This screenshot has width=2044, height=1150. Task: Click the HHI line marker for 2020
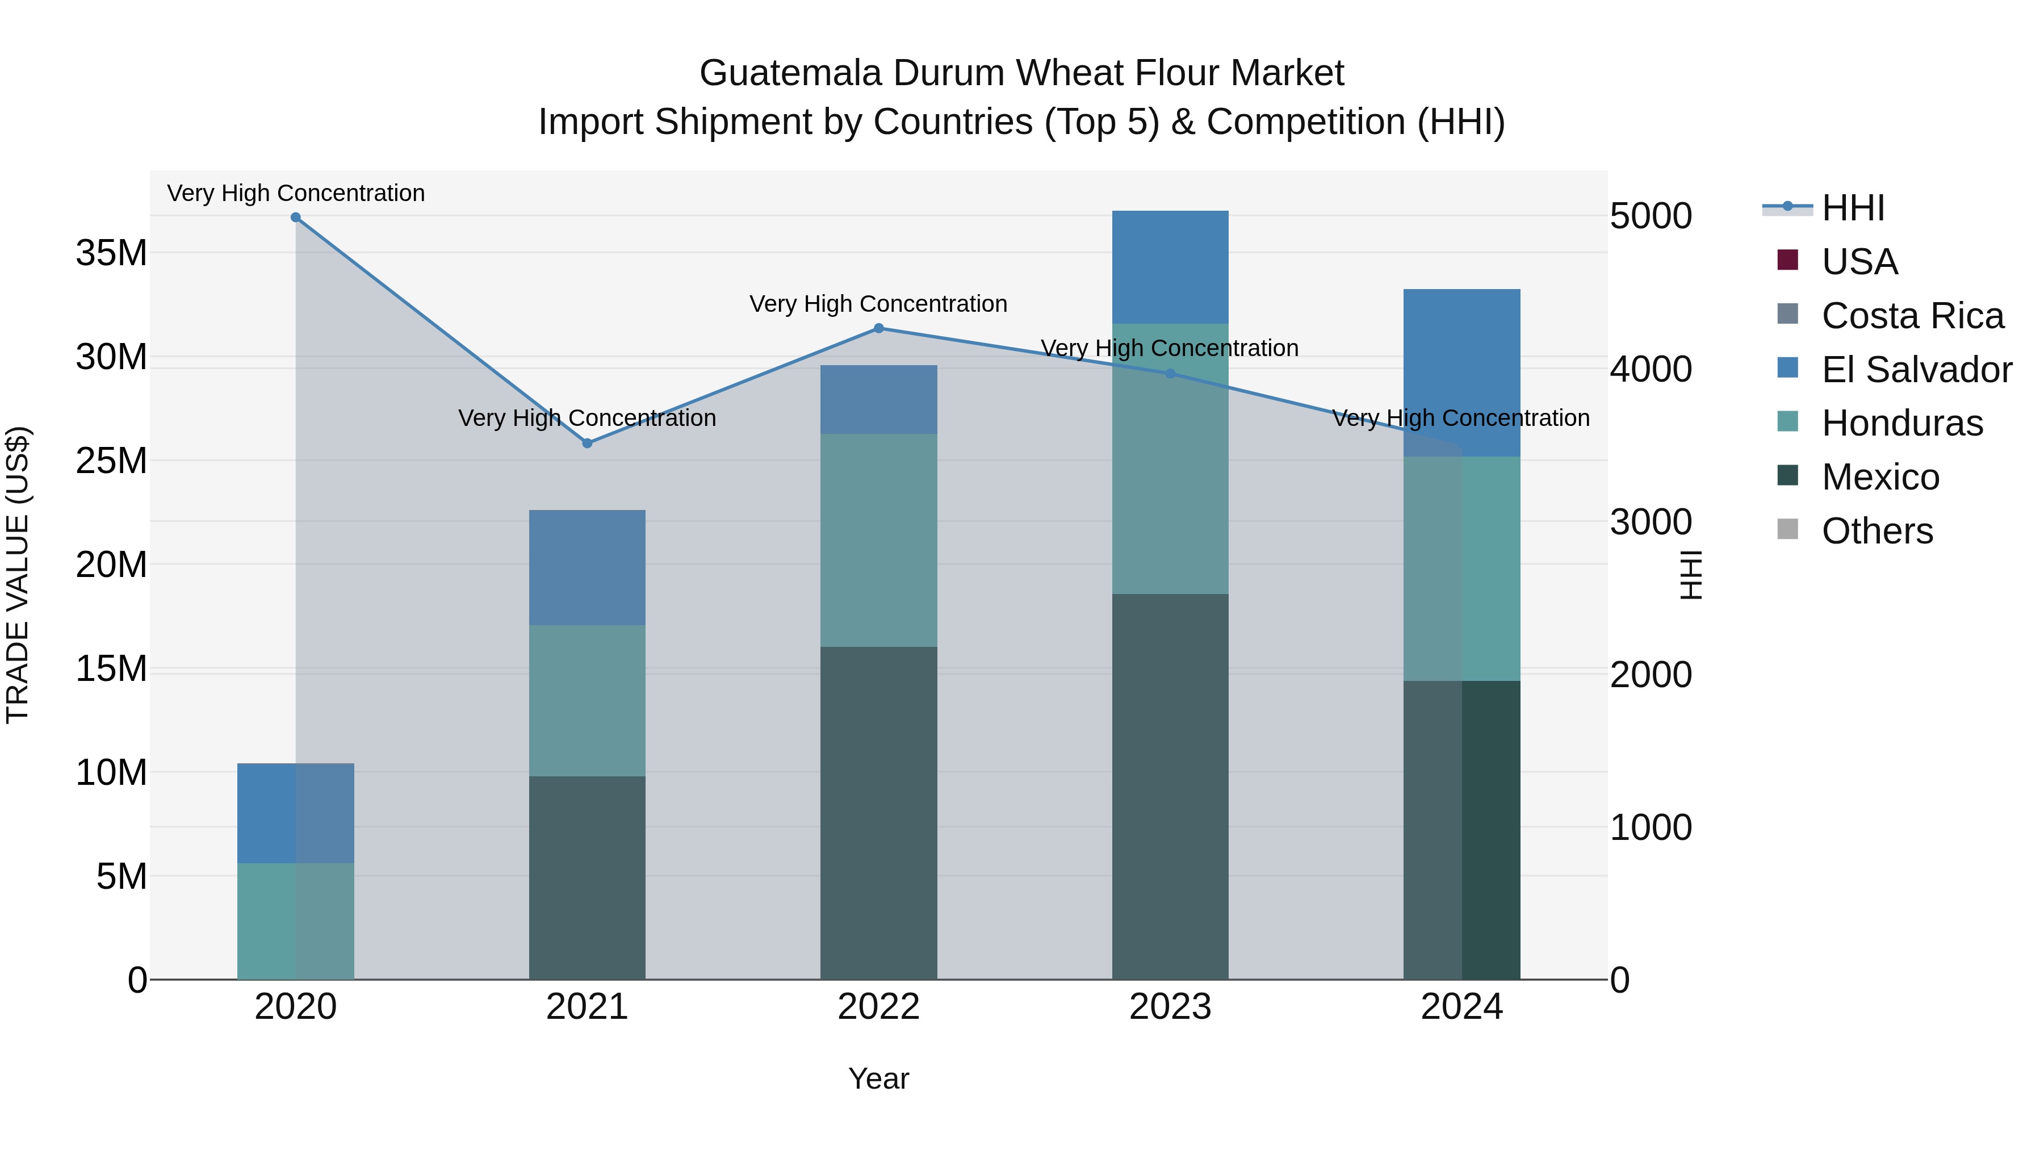pyautogui.click(x=295, y=218)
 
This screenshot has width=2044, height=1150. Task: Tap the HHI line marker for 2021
pyautogui.click(x=587, y=444)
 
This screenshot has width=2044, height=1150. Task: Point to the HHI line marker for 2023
pyautogui.click(x=1170, y=374)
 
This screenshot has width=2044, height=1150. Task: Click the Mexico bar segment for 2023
pyautogui.click(x=1170, y=786)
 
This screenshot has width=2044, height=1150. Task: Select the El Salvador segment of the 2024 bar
pyautogui.click(x=1461, y=373)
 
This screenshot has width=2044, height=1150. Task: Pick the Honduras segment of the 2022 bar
pyautogui.click(x=878, y=540)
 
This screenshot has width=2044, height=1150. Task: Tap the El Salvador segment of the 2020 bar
pyautogui.click(x=295, y=813)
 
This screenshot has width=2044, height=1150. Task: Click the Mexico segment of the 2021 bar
pyautogui.click(x=587, y=877)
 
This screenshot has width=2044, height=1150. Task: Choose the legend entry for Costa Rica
pyautogui.click(x=1912, y=316)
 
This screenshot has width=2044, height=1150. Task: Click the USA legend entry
pyautogui.click(x=1859, y=262)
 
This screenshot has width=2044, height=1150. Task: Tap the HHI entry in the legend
pyautogui.click(x=1853, y=208)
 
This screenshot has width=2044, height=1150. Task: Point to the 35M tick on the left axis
pyautogui.click(x=111, y=253)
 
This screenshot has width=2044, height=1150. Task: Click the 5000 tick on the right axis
pyautogui.click(x=1651, y=216)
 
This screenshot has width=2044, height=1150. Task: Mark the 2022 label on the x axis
pyautogui.click(x=878, y=1007)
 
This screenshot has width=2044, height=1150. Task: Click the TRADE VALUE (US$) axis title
pyautogui.click(x=18, y=575)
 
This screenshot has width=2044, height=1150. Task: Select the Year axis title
pyautogui.click(x=878, y=1078)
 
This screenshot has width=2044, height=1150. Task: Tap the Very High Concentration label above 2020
pyautogui.click(x=295, y=193)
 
